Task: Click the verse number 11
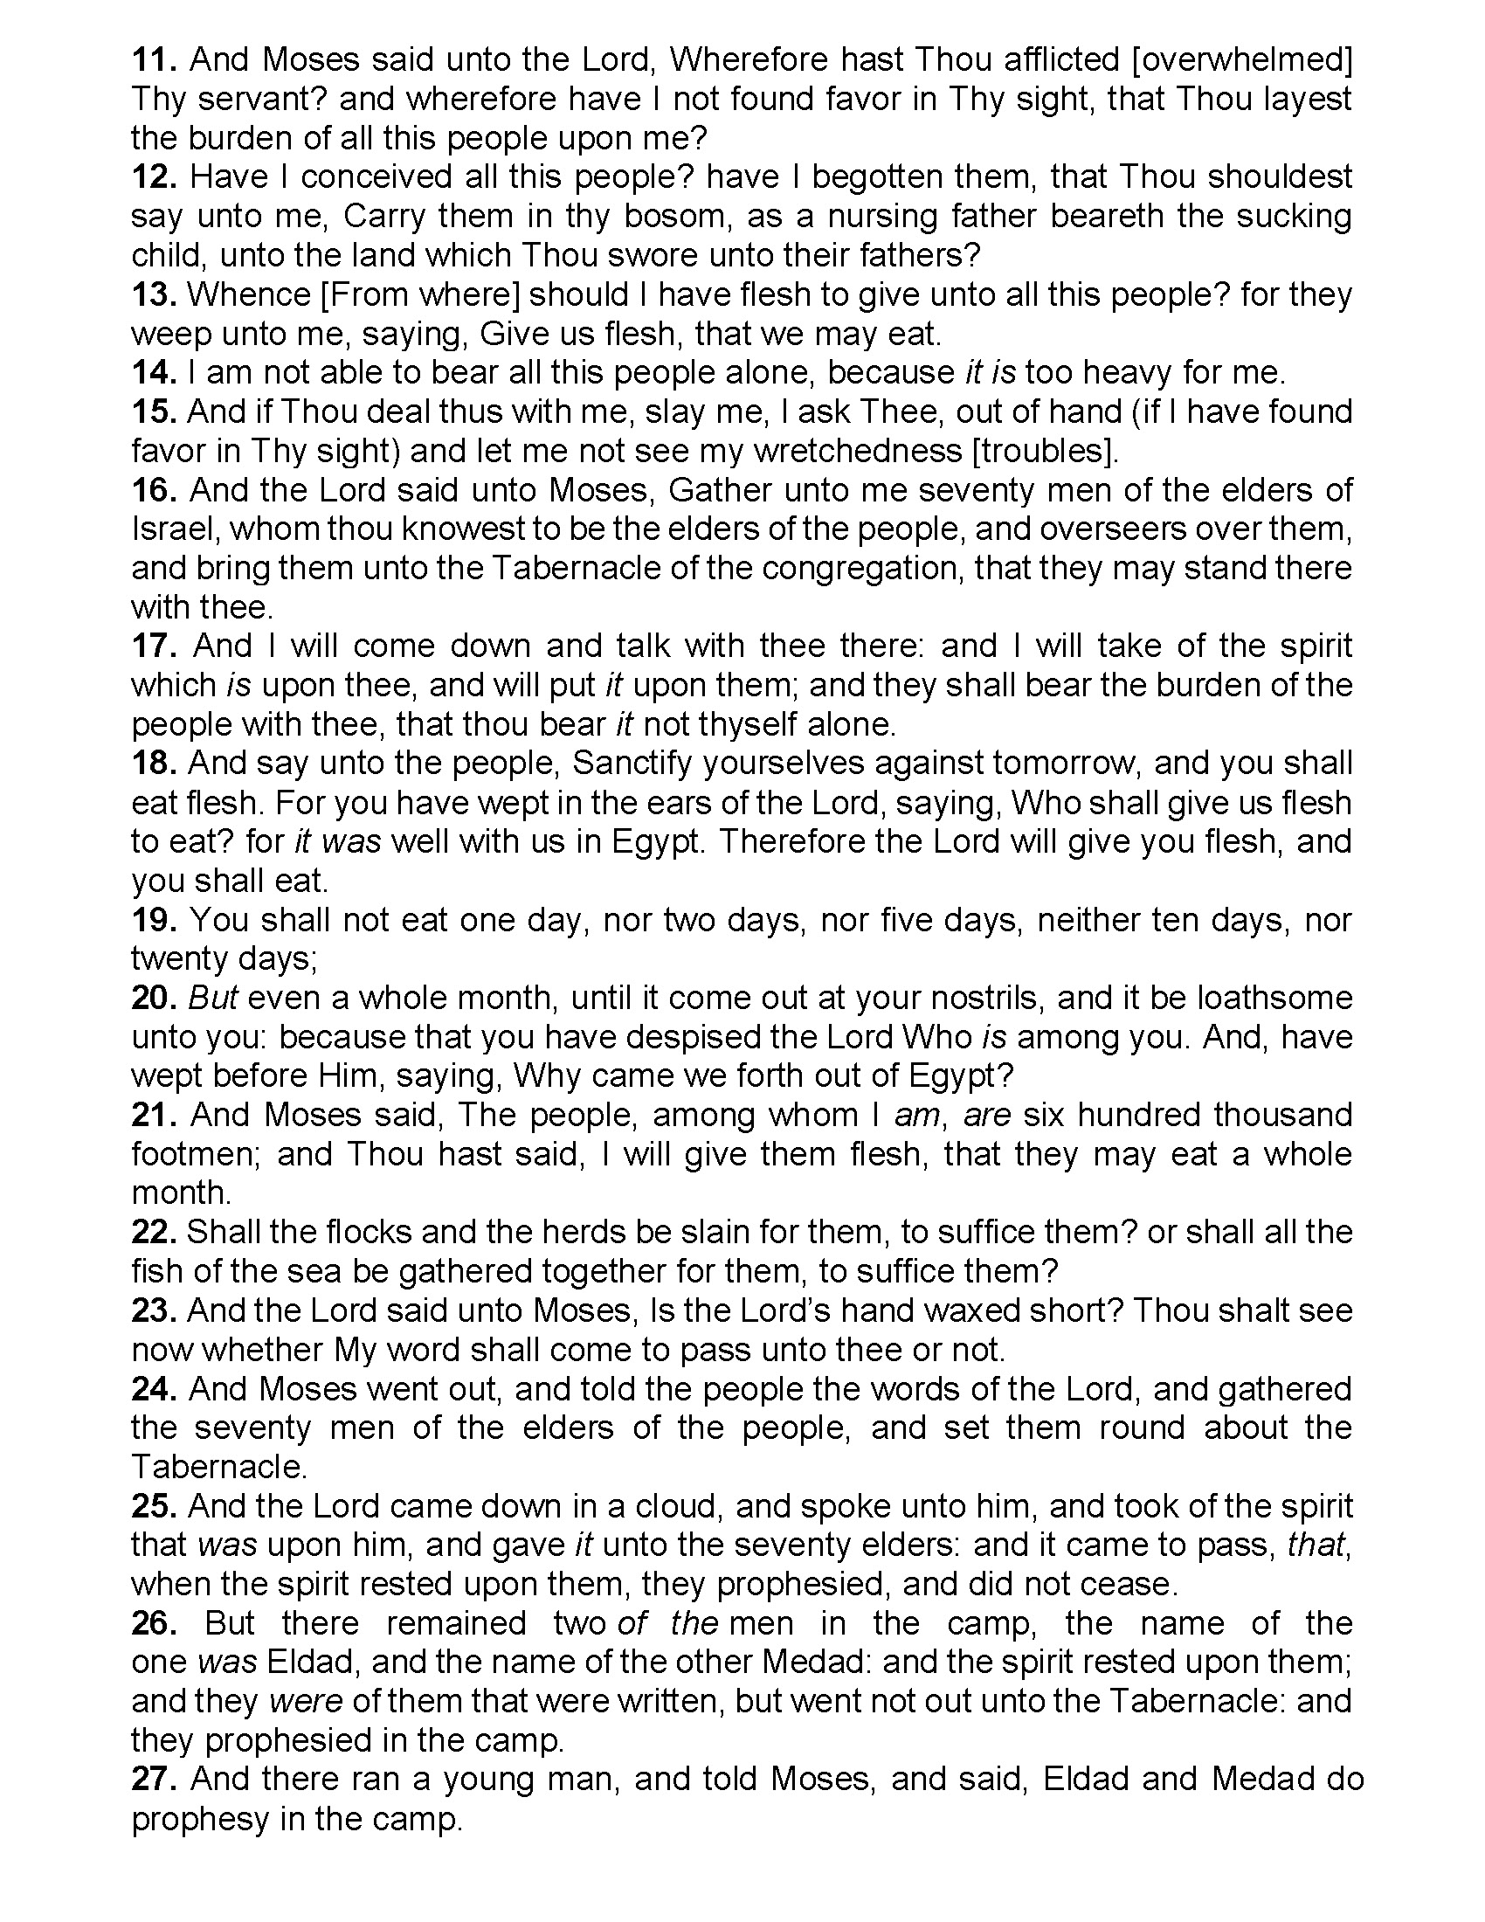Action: point(155,59)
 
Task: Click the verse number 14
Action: point(155,372)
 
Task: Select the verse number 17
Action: point(155,646)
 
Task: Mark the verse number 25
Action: point(155,1506)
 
